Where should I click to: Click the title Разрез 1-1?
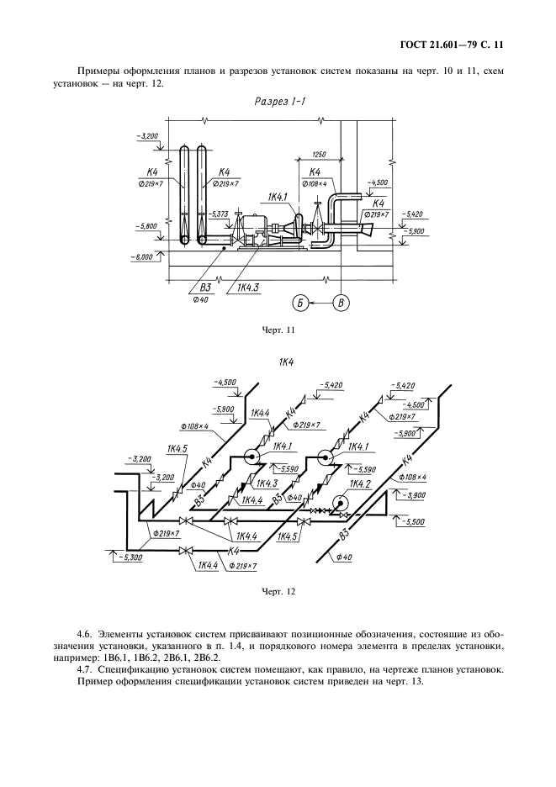(x=278, y=101)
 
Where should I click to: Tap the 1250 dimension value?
(x=318, y=154)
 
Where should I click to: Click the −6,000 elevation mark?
(x=142, y=257)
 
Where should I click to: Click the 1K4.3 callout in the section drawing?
(x=248, y=288)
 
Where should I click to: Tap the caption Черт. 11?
(x=278, y=330)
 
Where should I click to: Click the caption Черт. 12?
(x=278, y=591)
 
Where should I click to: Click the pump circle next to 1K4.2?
(x=341, y=503)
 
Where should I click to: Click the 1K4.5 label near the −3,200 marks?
(x=177, y=449)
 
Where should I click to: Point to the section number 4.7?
(x=85, y=669)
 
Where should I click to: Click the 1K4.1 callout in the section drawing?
(x=278, y=197)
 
